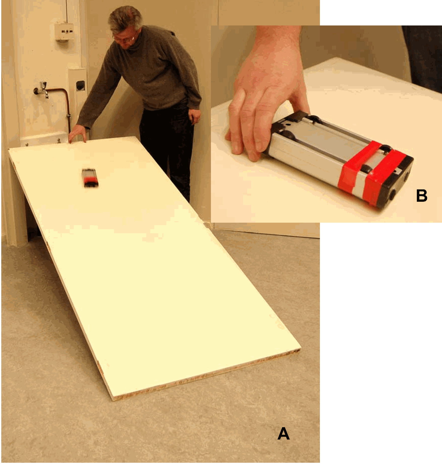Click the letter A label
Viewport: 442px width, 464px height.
283,433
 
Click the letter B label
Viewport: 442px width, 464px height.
422,195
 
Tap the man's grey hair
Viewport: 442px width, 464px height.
125,17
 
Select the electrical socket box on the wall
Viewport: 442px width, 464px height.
64,32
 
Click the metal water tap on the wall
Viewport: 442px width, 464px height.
42,89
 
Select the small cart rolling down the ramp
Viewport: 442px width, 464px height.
90,178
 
